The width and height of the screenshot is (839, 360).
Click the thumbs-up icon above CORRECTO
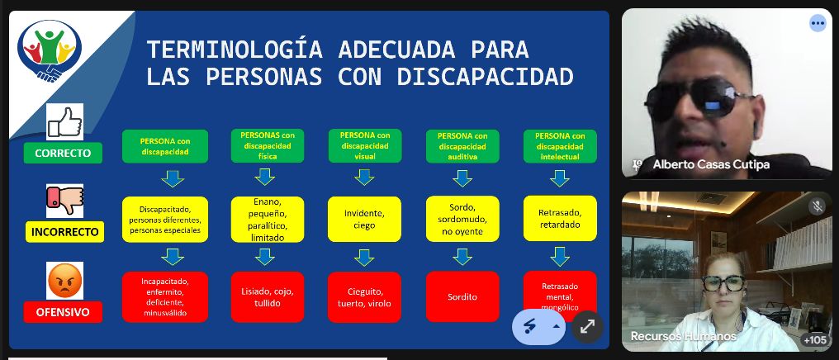click(64, 122)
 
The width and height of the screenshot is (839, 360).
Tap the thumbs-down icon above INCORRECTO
click(64, 201)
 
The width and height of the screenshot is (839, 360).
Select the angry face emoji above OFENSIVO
click(64, 280)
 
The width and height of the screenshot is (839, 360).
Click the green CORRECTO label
click(63, 153)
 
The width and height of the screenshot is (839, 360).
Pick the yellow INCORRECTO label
click(64, 232)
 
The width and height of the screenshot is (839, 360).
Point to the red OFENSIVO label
click(63, 312)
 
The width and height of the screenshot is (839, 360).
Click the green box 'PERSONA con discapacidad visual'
click(365, 145)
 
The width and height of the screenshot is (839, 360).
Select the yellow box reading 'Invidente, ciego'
click(364, 219)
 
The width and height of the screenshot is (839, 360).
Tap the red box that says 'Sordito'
click(462, 296)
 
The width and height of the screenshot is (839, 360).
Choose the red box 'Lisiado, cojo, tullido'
click(268, 297)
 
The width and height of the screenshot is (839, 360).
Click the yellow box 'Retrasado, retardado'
click(560, 218)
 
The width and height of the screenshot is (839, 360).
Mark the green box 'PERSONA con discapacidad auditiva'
click(462, 146)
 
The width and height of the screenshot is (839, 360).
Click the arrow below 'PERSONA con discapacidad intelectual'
click(560, 178)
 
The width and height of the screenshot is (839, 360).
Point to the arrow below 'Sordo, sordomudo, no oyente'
click(462, 256)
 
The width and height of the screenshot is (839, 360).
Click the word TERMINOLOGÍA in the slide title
click(235, 50)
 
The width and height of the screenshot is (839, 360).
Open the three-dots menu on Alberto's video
click(818, 23)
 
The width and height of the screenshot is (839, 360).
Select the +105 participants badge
click(814, 339)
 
